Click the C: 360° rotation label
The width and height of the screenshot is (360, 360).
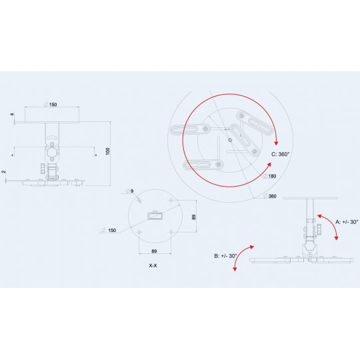(x=280, y=154)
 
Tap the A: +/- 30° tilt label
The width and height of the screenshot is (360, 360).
(x=347, y=222)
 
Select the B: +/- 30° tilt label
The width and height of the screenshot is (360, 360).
(x=225, y=256)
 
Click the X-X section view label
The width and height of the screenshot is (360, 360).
(x=153, y=265)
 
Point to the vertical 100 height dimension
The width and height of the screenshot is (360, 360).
(x=108, y=151)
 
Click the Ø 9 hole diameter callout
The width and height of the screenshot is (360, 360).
(x=130, y=191)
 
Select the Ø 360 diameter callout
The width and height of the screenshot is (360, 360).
(x=270, y=196)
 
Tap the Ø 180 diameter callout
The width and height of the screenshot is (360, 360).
(x=270, y=176)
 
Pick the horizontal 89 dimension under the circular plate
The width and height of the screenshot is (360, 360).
(x=154, y=251)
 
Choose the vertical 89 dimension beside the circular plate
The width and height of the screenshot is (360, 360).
(x=194, y=217)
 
